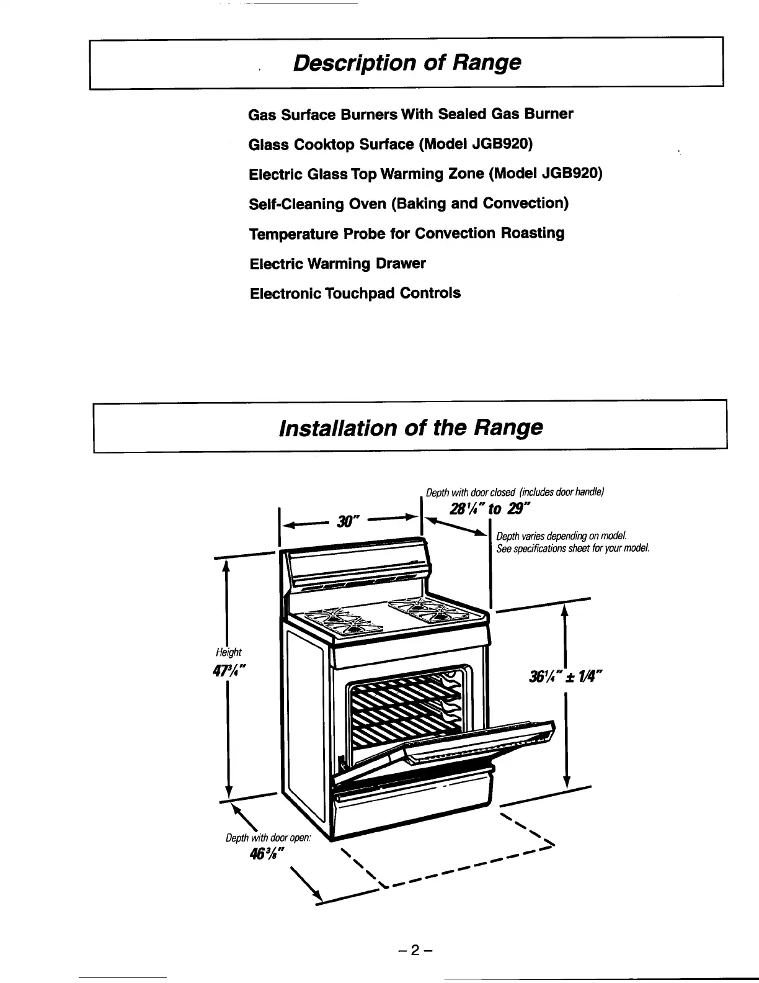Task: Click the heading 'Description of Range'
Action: (407, 63)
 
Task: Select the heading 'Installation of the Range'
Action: (411, 428)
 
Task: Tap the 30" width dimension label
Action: (348, 521)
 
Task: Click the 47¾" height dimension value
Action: (229, 670)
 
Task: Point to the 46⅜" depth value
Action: (267, 854)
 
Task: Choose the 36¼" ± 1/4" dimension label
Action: (566, 677)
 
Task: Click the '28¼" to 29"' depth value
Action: (489, 509)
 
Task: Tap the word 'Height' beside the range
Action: (229, 652)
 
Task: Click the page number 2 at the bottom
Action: (415, 951)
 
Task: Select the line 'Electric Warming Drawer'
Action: (338, 263)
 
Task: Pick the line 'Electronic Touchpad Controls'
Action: (355, 293)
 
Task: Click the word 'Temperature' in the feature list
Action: (294, 234)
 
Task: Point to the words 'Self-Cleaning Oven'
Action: (317, 204)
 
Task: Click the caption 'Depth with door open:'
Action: (268, 838)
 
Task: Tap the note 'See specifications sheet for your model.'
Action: (573, 549)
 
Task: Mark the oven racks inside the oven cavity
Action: (406, 712)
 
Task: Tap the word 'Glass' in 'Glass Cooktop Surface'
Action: (269, 145)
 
